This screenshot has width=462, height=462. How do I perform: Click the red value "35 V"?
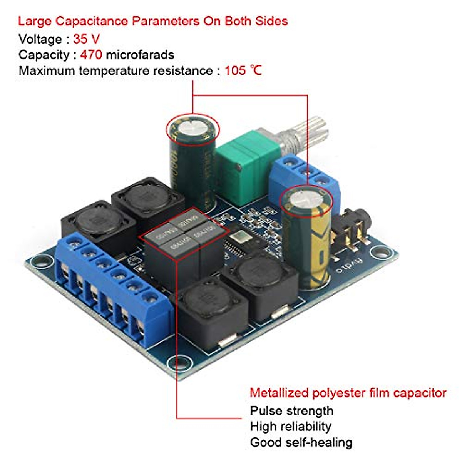86,39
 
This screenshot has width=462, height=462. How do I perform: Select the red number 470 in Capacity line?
91,55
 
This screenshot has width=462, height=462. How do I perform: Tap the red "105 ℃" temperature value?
243,70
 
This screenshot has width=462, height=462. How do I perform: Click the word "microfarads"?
140,55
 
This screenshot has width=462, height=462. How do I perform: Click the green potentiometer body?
243,166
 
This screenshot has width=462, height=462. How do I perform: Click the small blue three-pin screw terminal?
304,177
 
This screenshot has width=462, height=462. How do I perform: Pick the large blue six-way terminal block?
112,285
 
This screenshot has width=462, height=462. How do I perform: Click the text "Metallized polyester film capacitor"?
348,393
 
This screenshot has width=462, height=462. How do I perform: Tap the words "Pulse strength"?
291,411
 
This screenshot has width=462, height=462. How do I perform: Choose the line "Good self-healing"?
301,442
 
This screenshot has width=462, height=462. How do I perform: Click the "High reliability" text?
290,427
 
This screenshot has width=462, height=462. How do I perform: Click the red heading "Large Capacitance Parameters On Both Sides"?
153,21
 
